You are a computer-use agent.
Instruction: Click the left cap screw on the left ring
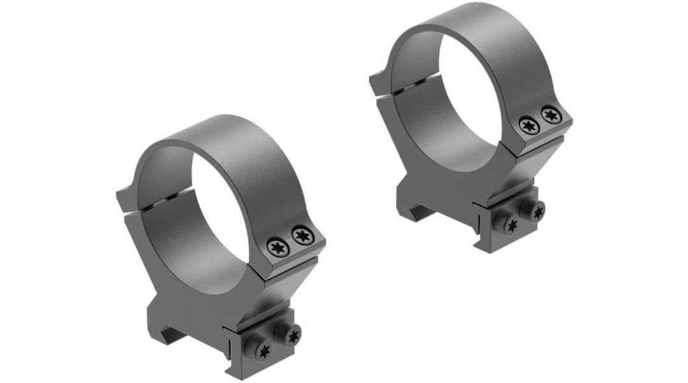tap(277, 245)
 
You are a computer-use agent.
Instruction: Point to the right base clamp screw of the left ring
tap(293, 335)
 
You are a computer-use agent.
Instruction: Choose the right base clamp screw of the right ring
tap(538, 212)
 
